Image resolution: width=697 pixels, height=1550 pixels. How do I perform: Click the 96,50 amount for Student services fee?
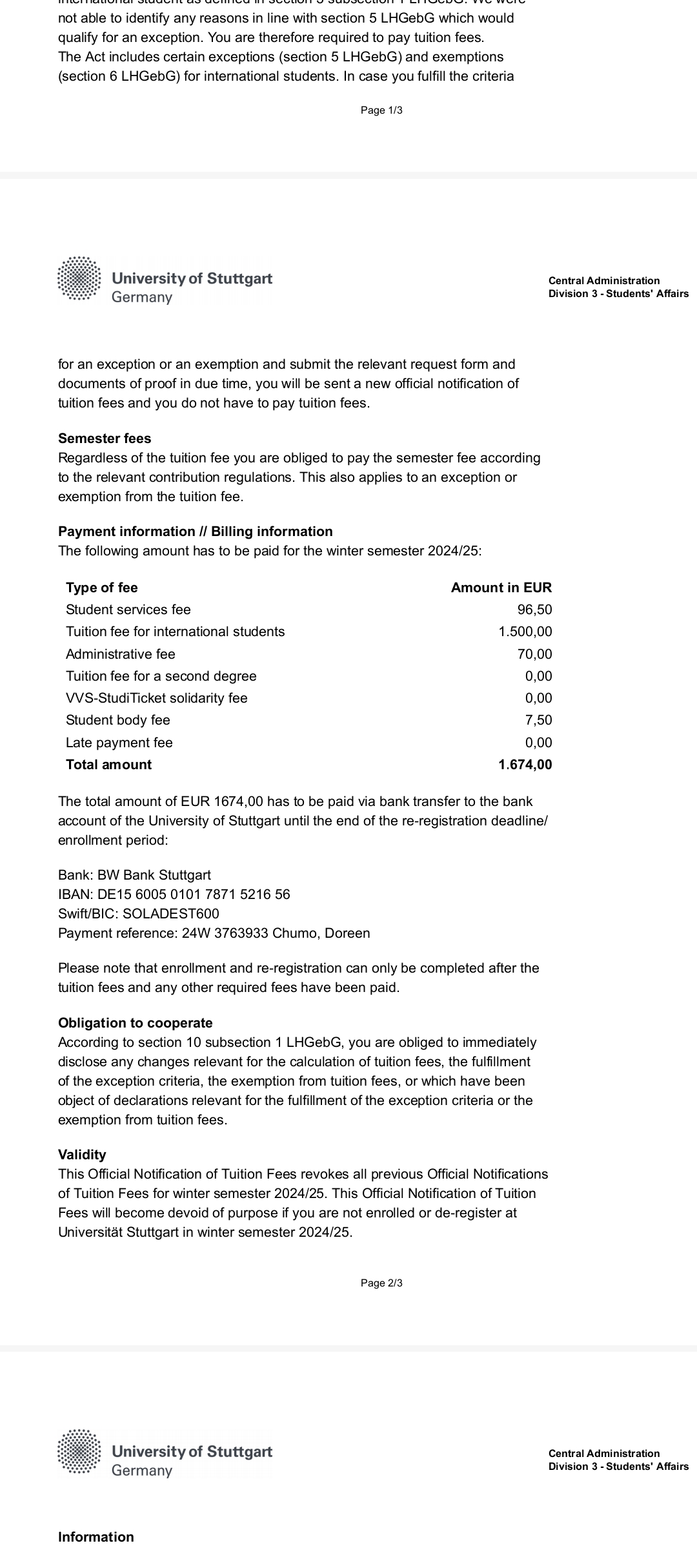[534, 610]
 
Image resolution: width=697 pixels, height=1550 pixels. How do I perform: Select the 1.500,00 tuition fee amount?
[525, 632]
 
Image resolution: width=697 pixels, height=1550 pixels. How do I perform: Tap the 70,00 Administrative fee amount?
[534, 654]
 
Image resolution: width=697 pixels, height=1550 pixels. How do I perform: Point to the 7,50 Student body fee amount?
[538, 720]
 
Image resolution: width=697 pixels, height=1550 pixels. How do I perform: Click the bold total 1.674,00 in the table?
[525, 765]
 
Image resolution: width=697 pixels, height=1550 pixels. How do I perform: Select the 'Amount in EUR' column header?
[501, 588]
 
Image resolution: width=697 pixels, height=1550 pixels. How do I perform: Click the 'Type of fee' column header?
[101, 588]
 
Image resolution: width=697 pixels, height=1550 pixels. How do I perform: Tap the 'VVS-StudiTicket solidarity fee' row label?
[156, 698]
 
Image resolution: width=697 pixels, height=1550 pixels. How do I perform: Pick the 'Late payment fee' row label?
[119, 743]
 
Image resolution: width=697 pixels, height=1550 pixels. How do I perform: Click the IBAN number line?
[174, 894]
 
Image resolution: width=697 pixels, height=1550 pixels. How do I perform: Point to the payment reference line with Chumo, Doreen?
[214, 933]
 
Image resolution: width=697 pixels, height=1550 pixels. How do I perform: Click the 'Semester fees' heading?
[105, 439]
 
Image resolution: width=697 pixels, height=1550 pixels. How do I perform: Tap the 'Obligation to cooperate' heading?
[135, 1023]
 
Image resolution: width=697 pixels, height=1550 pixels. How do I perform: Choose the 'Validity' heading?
[82, 1155]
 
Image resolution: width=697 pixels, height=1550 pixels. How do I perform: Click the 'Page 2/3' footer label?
[381, 1283]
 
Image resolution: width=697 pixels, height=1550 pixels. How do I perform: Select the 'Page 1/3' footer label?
[381, 110]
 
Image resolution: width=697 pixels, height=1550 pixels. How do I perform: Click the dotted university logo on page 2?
[79, 279]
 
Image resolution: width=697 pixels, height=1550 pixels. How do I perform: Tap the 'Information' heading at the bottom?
[96, 1537]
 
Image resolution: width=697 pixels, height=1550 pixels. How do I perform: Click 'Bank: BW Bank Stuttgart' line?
[134, 875]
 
